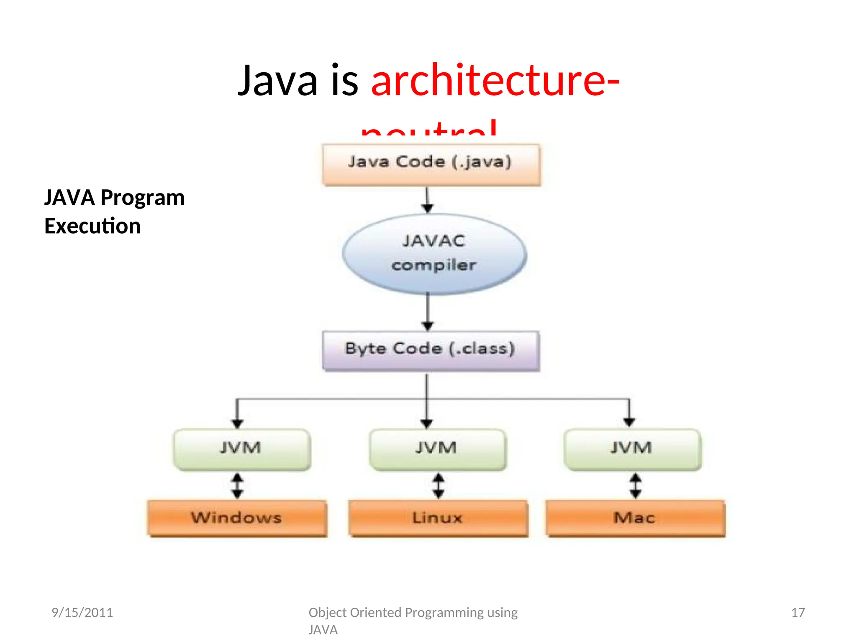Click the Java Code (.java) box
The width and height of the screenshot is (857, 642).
[x=431, y=164]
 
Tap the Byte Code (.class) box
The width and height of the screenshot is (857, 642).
[x=431, y=350]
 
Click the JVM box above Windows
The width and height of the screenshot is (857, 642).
[x=242, y=449]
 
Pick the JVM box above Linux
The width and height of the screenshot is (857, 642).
[x=437, y=449]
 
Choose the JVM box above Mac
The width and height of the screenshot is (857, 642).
[x=632, y=449]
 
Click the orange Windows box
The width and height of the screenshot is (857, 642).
[x=237, y=518]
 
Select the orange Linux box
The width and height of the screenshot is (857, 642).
[x=438, y=518]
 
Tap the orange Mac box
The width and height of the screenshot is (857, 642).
[x=635, y=518]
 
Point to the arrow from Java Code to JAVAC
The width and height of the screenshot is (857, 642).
[x=427, y=199]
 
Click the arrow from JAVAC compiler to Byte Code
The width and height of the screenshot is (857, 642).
[x=427, y=311]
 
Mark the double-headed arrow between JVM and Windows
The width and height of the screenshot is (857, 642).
[x=237, y=485]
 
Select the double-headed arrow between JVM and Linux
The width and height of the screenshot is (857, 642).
[x=438, y=485]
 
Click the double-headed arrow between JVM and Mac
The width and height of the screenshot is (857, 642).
[x=635, y=485]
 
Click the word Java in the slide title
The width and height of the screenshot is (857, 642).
[x=277, y=80]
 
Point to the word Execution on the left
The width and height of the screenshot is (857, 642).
[x=92, y=226]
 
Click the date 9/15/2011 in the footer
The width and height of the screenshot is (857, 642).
[x=82, y=612]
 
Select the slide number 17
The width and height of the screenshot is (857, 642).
[x=798, y=612]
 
